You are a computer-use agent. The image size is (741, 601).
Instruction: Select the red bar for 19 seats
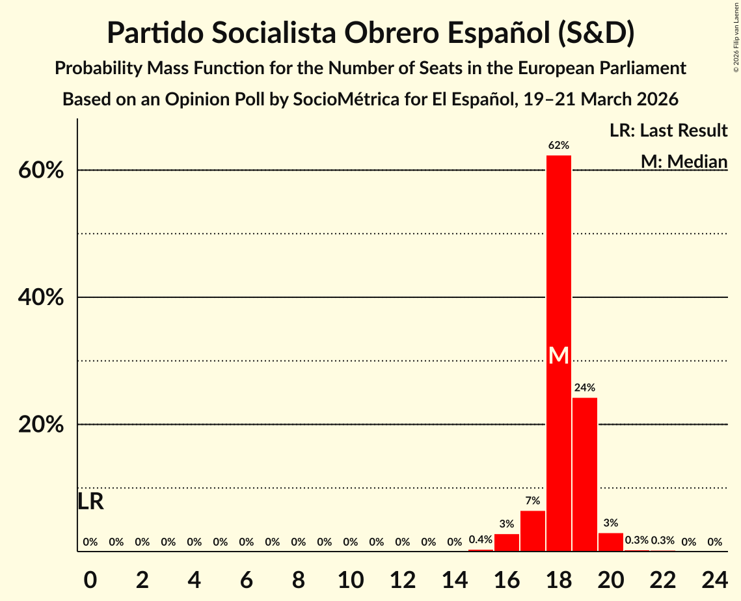pyautogui.click(x=585, y=475)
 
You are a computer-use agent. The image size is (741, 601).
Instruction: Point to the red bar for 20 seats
pyautogui.click(x=611, y=542)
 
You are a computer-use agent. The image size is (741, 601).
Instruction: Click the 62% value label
pyautogui.click(x=559, y=145)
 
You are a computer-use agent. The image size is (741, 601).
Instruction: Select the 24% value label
pyautogui.click(x=585, y=388)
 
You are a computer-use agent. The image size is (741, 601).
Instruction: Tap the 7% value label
pyautogui.click(x=533, y=501)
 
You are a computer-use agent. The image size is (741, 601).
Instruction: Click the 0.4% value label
pyautogui.click(x=481, y=540)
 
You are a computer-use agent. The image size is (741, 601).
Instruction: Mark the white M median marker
pyautogui.click(x=559, y=355)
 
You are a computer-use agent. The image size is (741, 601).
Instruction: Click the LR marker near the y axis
pyautogui.click(x=90, y=501)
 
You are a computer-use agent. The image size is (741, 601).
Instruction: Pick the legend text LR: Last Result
pyautogui.click(x=669, y=131)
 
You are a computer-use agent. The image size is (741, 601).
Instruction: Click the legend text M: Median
pyautogui.click(x=684, y=161)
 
